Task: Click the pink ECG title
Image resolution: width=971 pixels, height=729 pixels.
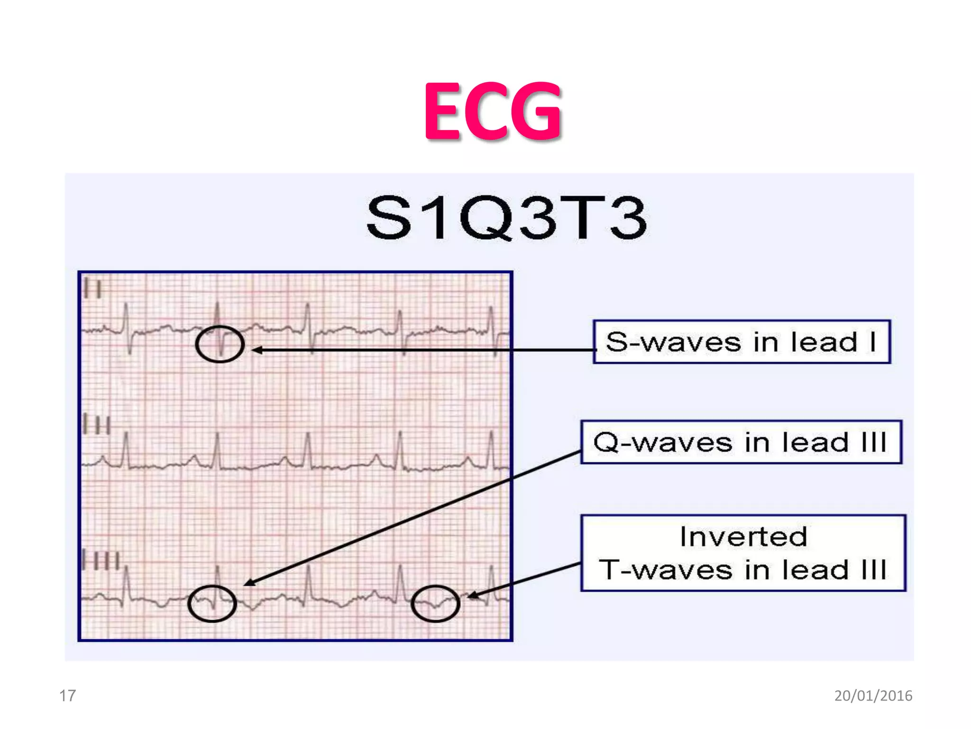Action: click(493, 112)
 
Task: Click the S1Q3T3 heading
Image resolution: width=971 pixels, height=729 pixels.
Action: click(506, 218)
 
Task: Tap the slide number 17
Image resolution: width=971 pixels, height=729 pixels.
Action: click(67, 696)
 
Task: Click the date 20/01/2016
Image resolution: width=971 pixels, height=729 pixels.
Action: click(873, 696)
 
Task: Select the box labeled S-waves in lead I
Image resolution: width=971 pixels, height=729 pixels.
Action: click(742, 342)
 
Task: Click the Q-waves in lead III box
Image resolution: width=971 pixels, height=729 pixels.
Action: click(741, 442)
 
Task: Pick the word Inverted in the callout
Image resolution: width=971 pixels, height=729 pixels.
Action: click(743, 537)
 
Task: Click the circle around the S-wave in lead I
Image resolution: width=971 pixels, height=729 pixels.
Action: click(220, 344)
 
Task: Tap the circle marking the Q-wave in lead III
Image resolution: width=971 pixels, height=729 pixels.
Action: click(212, 603)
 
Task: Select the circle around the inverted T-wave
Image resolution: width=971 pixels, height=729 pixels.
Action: click(435, 603)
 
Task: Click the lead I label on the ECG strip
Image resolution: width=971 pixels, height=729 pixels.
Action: click(92, 289)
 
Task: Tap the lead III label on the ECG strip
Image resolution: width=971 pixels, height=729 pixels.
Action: click(101, 561)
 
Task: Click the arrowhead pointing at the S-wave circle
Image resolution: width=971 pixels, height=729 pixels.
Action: click(256, 350)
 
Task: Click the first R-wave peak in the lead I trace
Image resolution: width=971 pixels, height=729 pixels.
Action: click(126, 304)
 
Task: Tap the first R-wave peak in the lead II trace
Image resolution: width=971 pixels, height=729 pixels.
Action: click(126, 434)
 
